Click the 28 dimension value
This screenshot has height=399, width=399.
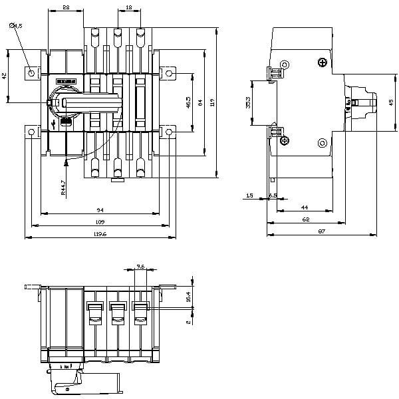coord(65,7)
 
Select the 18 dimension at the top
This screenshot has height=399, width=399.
coord(128,7)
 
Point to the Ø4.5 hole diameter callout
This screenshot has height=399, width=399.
coord(17,25)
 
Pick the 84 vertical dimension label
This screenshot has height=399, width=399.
coord(200,101)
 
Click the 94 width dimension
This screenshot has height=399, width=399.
coord(100,209)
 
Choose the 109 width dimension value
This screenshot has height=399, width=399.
coord(100,221)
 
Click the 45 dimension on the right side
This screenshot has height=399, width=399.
coord(391,102)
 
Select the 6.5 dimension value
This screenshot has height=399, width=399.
coord(273,196)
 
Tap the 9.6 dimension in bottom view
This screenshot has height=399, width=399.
coord(140,266)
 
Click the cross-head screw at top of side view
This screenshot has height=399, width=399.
coord(323,63)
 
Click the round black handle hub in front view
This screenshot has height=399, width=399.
coord(55,103)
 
